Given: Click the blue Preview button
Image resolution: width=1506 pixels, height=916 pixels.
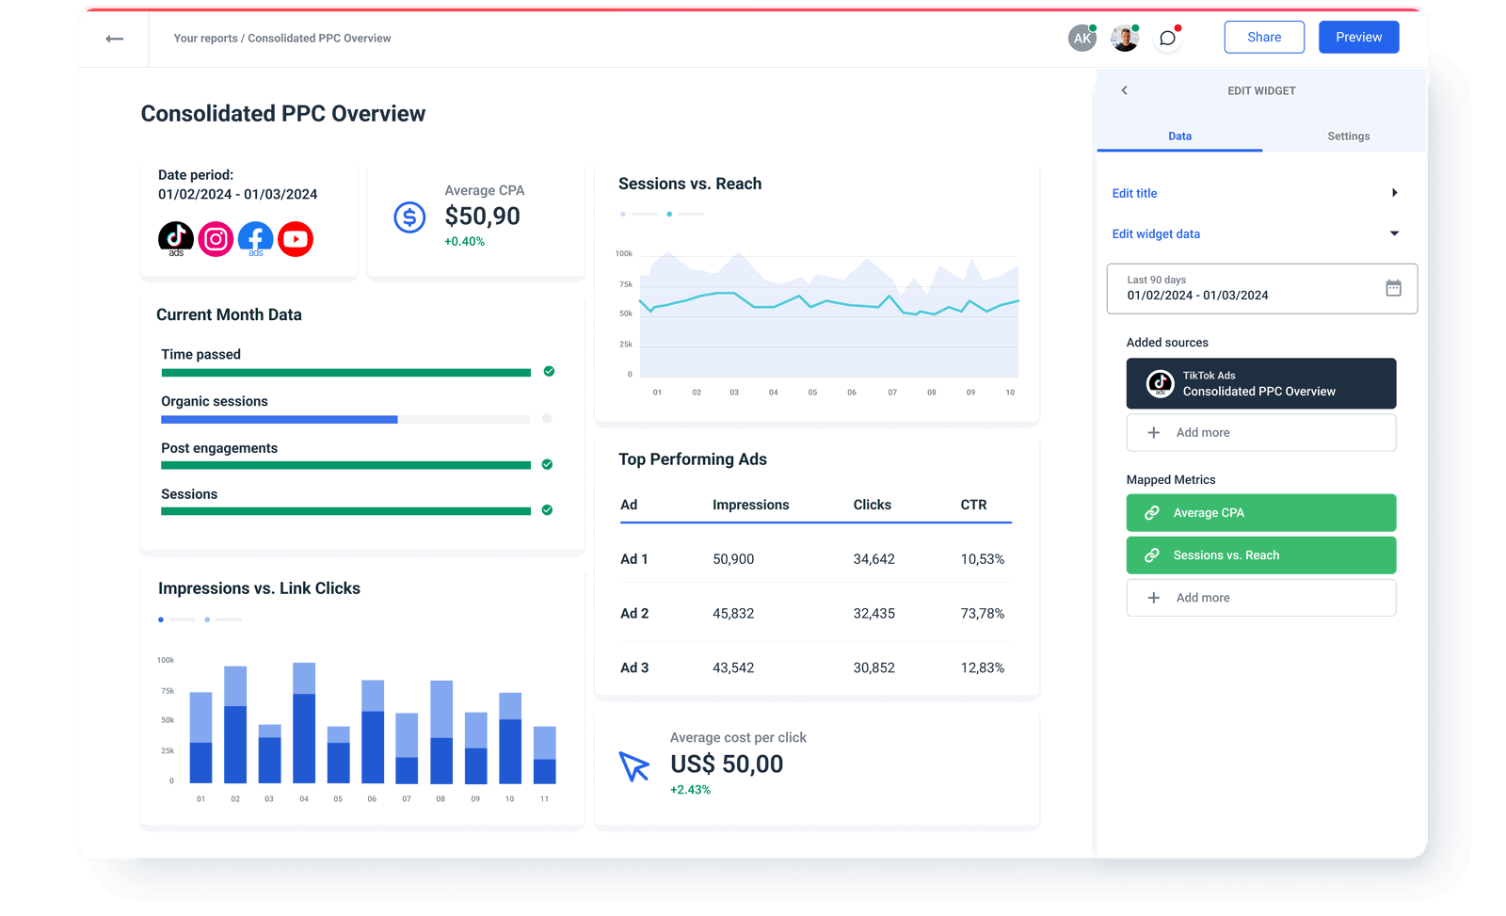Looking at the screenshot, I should click(x=1358, y=38).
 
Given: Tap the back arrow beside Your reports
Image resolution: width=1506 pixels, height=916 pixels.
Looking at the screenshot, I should click(x=115, y=39).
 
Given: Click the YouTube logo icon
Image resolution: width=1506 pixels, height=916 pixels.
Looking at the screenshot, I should click(x=296, y=239).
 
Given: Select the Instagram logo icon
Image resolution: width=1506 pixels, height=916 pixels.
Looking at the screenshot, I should click(x=216, y=239).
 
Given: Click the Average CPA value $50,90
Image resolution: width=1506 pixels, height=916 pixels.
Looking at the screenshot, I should click(x=482, y=217).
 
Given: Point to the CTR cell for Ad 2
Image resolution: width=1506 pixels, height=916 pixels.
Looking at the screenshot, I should click(x=982, y=614).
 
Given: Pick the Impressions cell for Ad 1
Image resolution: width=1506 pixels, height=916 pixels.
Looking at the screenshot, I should click(x=733, y=559).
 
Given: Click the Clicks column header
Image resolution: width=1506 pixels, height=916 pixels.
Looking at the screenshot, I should click(x=872, y=506).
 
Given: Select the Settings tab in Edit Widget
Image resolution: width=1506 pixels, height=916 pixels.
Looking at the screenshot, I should click(x=1348, y=137).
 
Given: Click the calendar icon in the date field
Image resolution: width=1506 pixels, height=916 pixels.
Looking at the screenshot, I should click(x=1393, y=288).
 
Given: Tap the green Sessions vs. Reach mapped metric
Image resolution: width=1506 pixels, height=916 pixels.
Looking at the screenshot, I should click(x=1260, y=555).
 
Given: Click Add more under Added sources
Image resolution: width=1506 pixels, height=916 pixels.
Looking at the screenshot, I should click(x=1260, y=433).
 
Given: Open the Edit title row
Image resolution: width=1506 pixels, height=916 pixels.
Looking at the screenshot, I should click(x=1254, y=193).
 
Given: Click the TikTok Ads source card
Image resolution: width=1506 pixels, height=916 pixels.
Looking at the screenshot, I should click(x=1260, y=383).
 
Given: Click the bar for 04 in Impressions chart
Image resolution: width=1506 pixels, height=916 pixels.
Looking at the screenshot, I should click(x=304, y=725).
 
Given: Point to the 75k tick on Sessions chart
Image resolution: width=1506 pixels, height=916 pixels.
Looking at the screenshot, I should click(x=626, y=284).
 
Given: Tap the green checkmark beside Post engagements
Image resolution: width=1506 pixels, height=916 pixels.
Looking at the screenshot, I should click(x=547, y=465).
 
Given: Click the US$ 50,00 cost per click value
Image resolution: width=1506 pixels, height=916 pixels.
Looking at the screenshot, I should click(x=727, y=764).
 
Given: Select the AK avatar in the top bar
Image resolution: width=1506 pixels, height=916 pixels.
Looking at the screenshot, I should click(x=1082, y=39).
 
